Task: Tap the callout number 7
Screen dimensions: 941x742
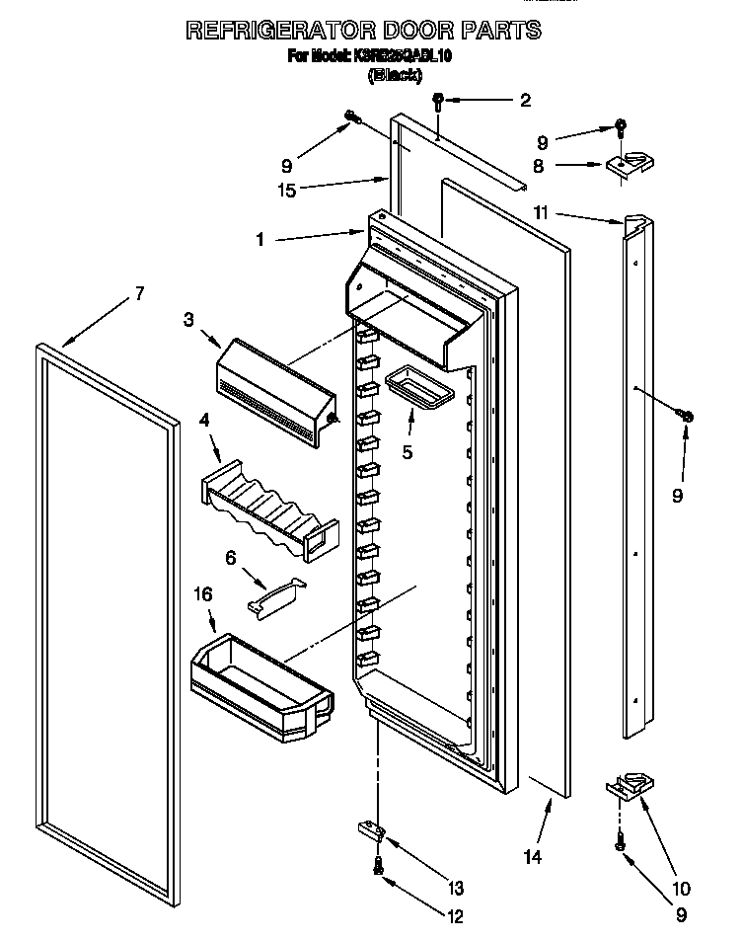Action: click(139, 293)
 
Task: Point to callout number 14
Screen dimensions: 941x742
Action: click(532, 857)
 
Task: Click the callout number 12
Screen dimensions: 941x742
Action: click(455, 916)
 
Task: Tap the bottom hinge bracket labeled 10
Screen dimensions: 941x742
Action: click(629, 785)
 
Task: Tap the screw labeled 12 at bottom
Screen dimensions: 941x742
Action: click(378, 866)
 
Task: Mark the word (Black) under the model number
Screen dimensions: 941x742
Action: click(394, 75)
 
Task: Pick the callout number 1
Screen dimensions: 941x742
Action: click(259, 239)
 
